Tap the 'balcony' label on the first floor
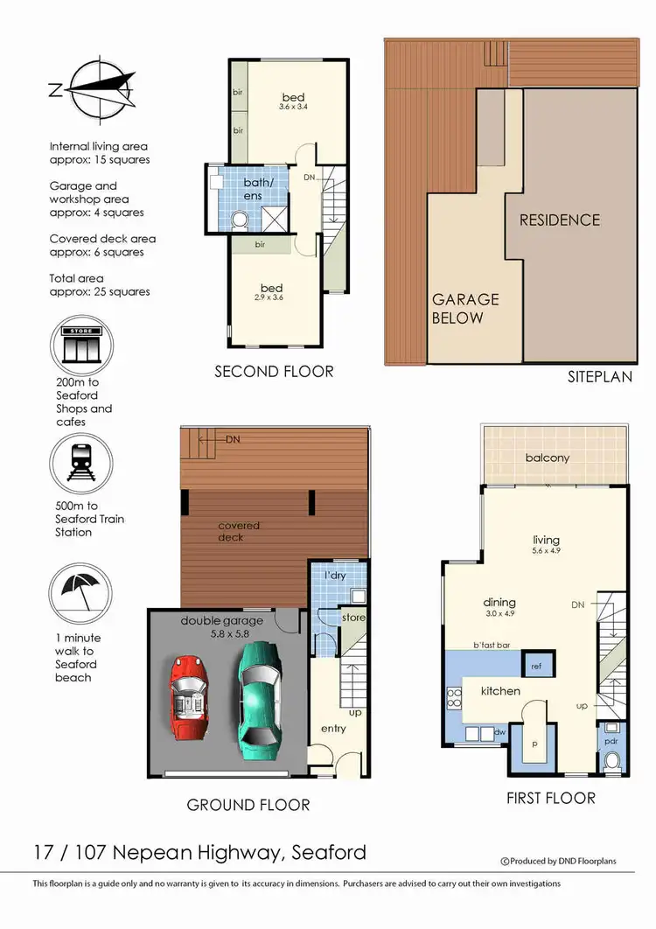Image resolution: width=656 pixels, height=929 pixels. [548, 458]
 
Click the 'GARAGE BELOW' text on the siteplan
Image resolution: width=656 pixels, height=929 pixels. [464, 308]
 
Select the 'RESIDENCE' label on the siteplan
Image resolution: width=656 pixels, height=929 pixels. [560, 220]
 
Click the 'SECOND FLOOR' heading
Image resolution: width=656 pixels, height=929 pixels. [274, 372]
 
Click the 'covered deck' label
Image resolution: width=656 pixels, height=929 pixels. [239, 531]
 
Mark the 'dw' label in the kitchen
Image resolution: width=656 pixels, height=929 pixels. [500, 731]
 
